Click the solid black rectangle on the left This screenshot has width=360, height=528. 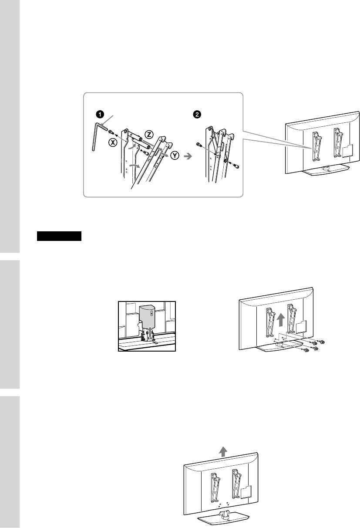point(59,237)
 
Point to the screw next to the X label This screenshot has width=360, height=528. point(111,132)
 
